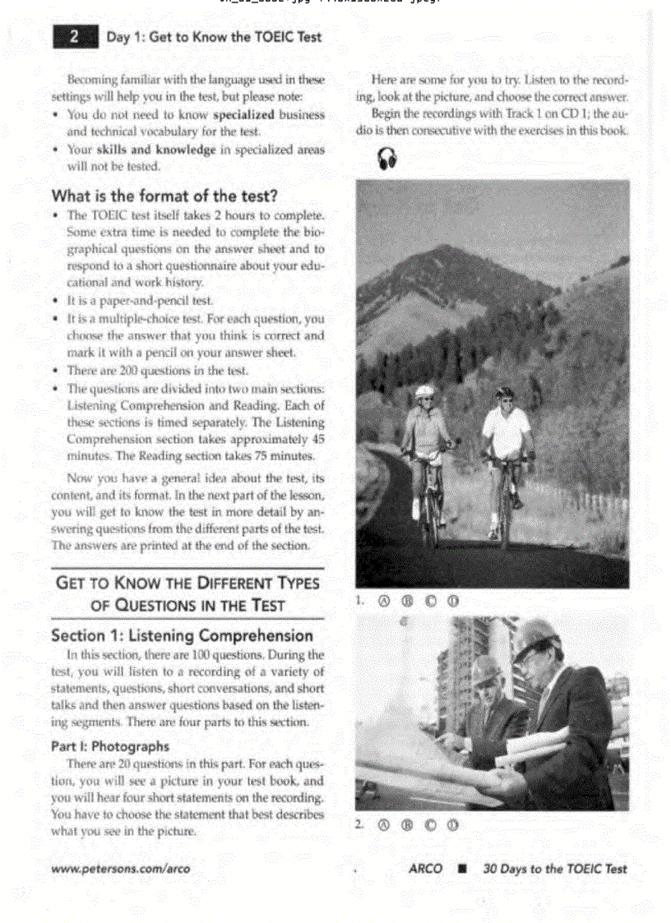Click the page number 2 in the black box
pos(74,36)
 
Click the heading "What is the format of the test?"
pos(164,196)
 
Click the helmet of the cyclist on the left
pos(424,392)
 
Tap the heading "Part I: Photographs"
pos(110,746)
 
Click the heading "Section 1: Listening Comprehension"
pos(182,635)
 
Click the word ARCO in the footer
pos(425,869)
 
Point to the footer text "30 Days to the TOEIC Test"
pos(555,869)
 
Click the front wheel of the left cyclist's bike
pos(430,522)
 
